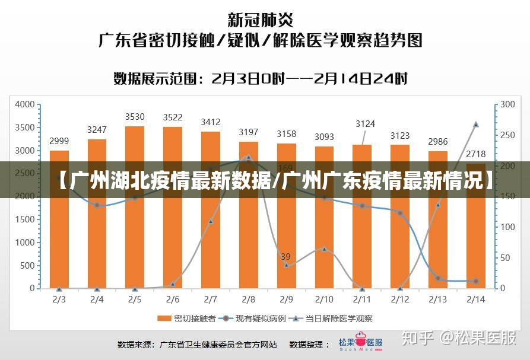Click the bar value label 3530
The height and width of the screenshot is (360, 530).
pos(135,117)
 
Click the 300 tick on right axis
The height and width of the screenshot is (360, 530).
pos(508,104)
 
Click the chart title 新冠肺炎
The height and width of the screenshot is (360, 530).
pos(261,21)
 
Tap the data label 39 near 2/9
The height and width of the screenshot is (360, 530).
pos(285,257)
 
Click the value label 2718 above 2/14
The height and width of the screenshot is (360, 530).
pos(476,154)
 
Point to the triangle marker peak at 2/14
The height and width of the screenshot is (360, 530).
pos(476,125)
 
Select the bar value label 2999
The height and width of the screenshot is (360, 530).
pos(59,141)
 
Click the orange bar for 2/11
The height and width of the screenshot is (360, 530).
pos(362,237)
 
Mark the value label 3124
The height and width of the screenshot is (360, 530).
pos(365,124)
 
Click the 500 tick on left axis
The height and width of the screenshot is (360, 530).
pos(28,266)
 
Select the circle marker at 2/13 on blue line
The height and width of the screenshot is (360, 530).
pos(438,278)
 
